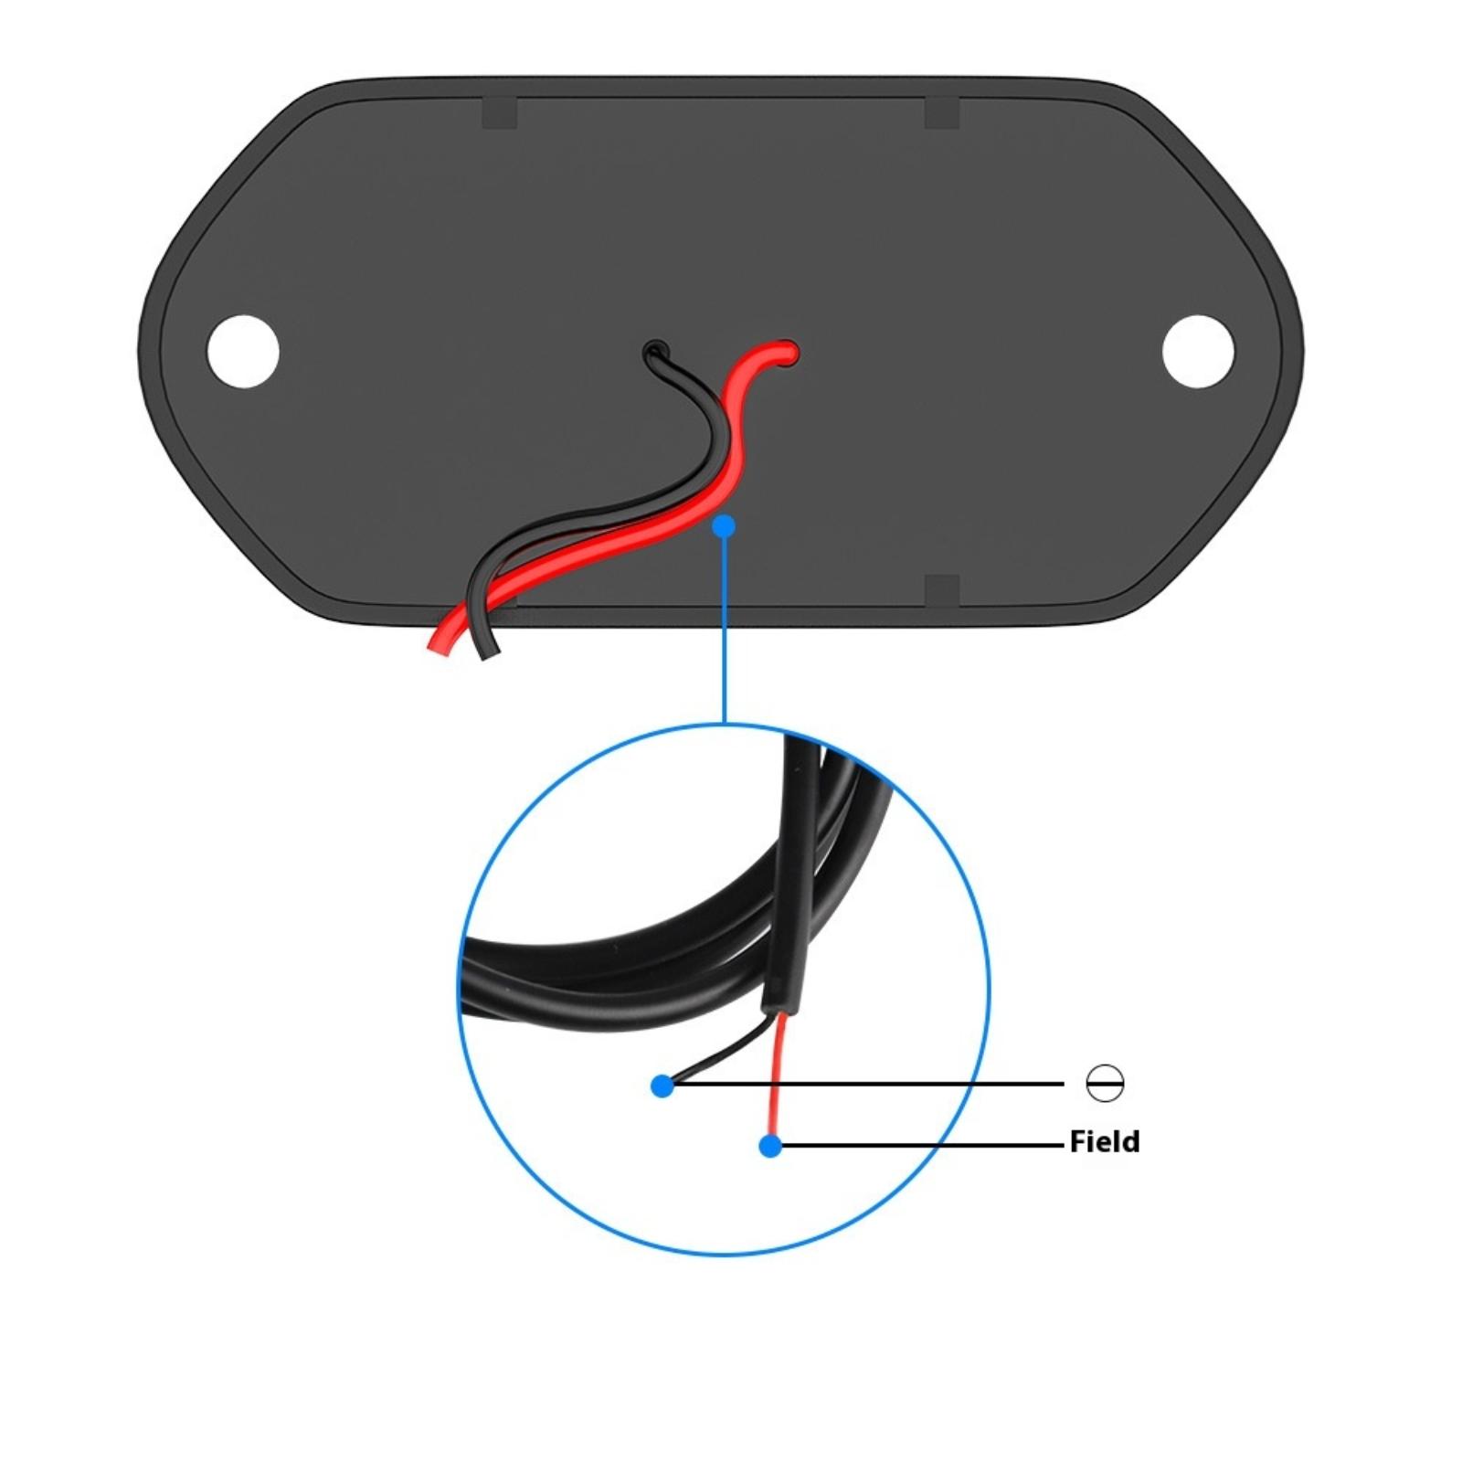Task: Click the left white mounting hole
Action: click(243, 351)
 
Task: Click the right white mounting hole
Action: click(1198, 351)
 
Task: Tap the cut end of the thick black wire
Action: click(491, 652)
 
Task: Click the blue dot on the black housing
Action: click(724, 525)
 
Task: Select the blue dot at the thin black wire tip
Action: click(662, 1086)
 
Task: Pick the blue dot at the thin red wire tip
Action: click(770, 1145)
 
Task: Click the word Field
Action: click(1105, 1141)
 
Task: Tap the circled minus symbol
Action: click(1106, 1083)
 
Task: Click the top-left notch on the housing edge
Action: click(499, 112)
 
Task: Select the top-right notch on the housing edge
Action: click(942, 112)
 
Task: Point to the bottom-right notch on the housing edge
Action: click(942, 591)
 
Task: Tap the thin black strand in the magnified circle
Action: click(722, 1051)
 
